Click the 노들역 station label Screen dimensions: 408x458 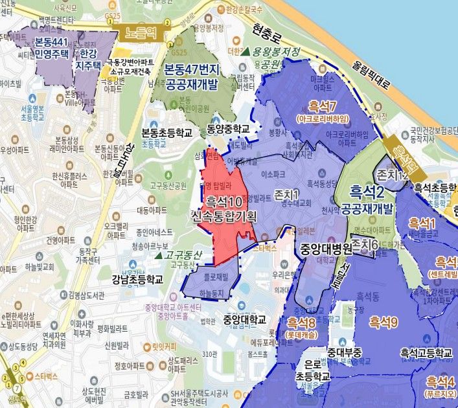138,31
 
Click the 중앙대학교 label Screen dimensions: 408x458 244,319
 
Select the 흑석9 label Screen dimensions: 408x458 383,321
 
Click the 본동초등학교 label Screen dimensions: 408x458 167,132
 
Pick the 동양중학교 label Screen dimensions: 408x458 228,128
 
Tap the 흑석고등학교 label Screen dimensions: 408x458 426,352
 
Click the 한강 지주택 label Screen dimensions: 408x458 95,52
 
